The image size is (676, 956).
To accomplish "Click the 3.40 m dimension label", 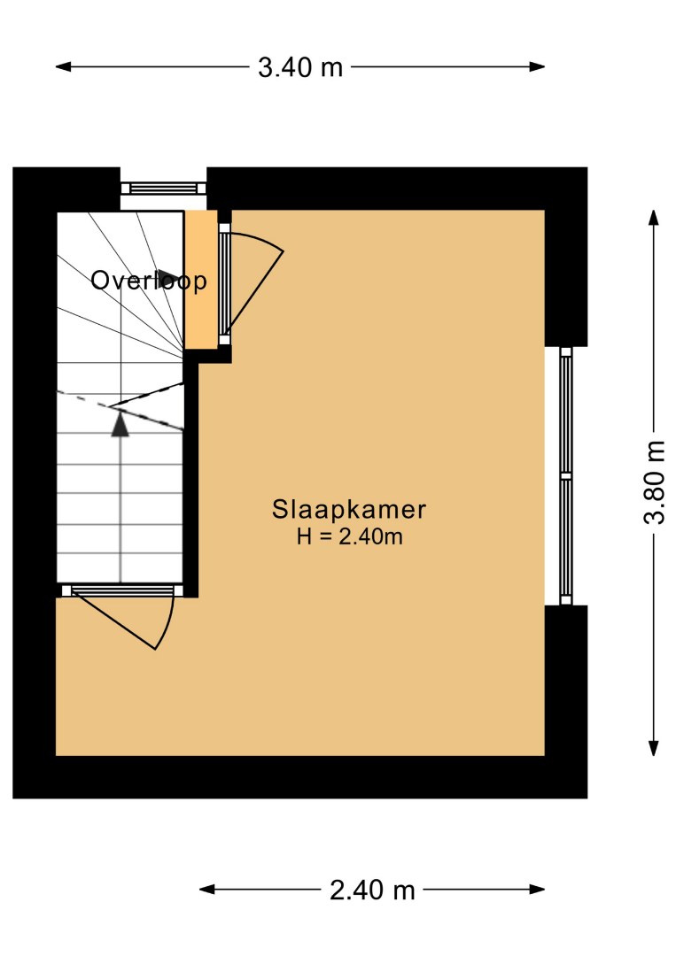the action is (300, 67).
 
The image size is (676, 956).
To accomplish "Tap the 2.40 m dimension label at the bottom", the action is (372, 890).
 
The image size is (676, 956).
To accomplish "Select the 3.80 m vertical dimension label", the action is (654, 482).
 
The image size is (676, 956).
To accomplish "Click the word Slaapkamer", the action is (349, 510).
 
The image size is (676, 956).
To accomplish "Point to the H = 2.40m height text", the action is (350, 536).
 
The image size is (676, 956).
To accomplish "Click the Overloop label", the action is (149, 281).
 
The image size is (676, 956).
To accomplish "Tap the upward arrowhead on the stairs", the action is (120, 423).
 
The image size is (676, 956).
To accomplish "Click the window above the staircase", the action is (163, 188).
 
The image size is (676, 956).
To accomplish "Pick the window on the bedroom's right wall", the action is (566, 476).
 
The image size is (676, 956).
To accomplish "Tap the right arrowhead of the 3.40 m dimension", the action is (537, 67).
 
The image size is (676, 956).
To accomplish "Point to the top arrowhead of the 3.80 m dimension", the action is (654, 218).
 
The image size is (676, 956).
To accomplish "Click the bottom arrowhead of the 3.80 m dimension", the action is (654, 748).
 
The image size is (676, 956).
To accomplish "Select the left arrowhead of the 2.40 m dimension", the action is (207, 890).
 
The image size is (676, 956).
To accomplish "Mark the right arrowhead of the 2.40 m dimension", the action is (537, 890).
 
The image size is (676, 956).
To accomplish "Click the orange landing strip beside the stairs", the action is (201, 280).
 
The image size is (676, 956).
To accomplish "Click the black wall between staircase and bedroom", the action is (191, 479).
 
